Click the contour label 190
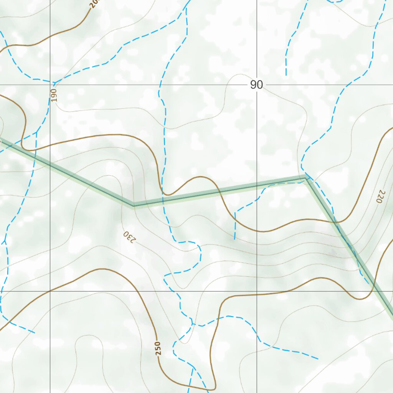pyautogui.click(x=54, y=95)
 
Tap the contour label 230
pyautogui.click(x=129, y=237)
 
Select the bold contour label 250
pyautogui.click(x=158, y=348)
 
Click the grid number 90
pyautogui.click(x=256, y=85)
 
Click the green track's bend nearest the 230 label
pyautogui.click(x=134, y=205)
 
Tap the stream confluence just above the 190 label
pyautogui.click(x=54, y=82)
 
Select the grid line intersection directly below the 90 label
pyautogui.click(x=257, y=291)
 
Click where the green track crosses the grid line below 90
pyautogui.click(x=257, y=185)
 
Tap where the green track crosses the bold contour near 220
pyautogui.click(x=335, y=222)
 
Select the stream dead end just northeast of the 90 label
pyautogui.click(x=286, y=75)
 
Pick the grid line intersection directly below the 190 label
pyautogui.click(x=50, y=291)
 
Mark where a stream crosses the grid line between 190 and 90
pyautogui.click(x=159, y=85)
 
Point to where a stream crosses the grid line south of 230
pyautogui.click(x=178, y=291)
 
